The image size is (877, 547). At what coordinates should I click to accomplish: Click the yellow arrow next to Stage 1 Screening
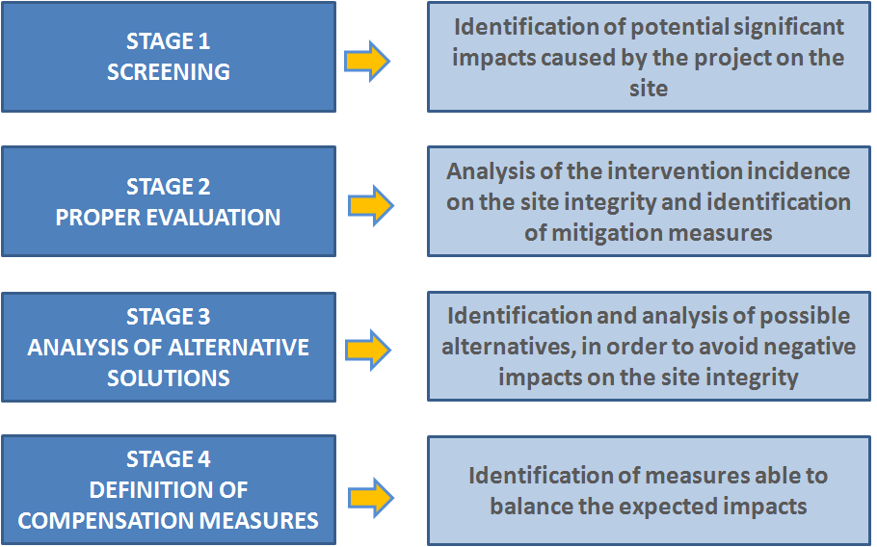pyautogui.click(x=367, y=61)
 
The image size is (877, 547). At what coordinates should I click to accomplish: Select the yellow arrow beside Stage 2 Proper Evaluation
pyautogui.click(x=371, y=206)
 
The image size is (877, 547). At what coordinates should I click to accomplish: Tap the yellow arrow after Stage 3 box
pyautogui.click(x=367, y=350)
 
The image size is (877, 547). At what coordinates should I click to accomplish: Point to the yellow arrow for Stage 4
pyautogui.click(x=371, y=497)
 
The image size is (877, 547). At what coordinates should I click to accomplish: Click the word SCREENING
pyautogui.click(x=169, y=72)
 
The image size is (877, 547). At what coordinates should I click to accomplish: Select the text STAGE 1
pyautogui.click(x=169, y=41)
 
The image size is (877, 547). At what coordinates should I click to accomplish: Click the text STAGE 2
pyautogui.click(x=169, y=187)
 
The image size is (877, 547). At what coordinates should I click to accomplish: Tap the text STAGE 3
pyautogui.click(x=169, y=317)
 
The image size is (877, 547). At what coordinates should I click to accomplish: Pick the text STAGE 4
pyautogui.click(x=169, y=459)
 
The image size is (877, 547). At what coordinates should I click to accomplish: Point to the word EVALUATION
pyautogui.click(x=214, y=218)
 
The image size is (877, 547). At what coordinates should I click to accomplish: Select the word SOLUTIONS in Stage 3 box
pyautogui.click(x=169, y=378)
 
